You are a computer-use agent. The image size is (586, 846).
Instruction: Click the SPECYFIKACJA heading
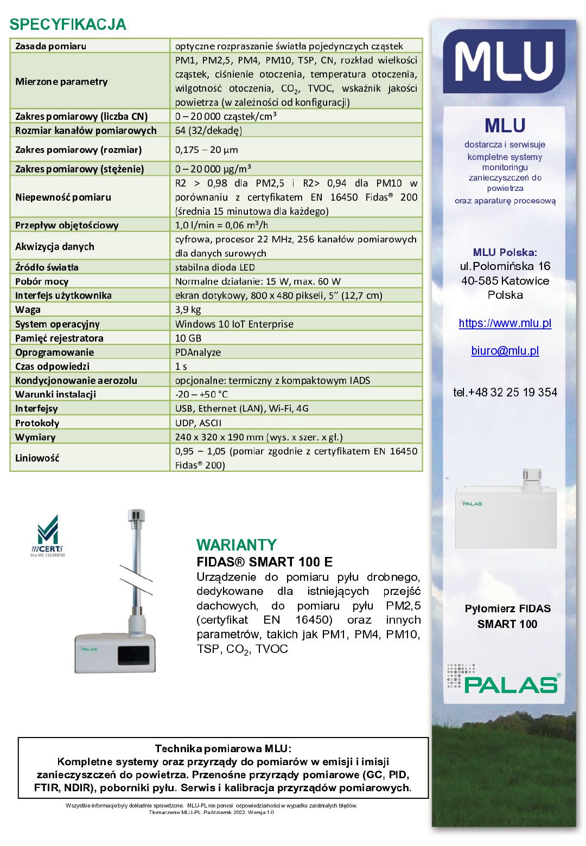tap(68, 24)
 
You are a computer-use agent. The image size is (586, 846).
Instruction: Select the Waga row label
tap(28, 310)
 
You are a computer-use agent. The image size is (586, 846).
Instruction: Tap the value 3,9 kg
tap(188, 310)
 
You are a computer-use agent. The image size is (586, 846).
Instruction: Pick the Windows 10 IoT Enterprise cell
tap(234, 324)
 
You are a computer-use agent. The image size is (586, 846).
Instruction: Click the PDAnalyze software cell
tap(198, 352)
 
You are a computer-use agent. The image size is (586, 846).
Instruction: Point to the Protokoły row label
tap(37, 423)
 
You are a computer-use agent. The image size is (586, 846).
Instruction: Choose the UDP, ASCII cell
tap(198, 423)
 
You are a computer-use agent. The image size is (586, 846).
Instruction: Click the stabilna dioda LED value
tap(215, 267)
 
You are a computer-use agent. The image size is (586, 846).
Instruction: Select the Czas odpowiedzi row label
tap(52, 366)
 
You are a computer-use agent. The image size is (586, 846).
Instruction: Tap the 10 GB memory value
tap(188, 338)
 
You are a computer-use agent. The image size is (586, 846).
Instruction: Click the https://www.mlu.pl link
tap(505, 323)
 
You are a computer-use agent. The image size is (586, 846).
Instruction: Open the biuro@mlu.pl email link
tap(505, 351)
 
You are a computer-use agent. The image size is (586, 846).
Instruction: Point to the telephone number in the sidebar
tap(505, 392)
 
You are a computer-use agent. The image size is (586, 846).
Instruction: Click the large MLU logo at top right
tap(504, 61)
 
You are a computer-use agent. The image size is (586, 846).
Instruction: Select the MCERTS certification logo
tap(47, 536)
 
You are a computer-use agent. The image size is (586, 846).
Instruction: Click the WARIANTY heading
tap(237, 544)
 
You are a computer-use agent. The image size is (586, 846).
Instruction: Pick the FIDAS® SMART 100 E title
tap(264, 562)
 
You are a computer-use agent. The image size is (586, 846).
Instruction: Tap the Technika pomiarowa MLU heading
tap(223, 749)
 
